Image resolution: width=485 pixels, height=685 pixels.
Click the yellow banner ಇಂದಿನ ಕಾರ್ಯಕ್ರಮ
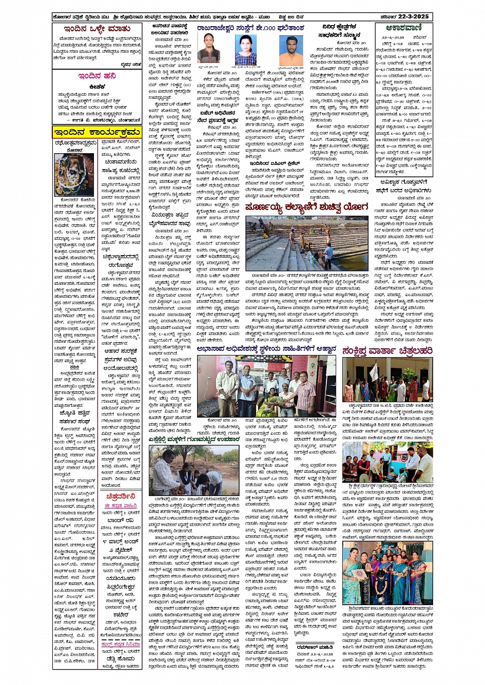point(97,132)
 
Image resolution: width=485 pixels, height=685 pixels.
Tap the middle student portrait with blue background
point(246,50)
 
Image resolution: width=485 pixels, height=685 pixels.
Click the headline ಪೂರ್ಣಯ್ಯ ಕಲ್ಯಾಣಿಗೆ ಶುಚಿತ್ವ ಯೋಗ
point(306,207)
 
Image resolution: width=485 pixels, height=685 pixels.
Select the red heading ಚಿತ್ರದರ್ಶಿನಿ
point(121,496)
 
